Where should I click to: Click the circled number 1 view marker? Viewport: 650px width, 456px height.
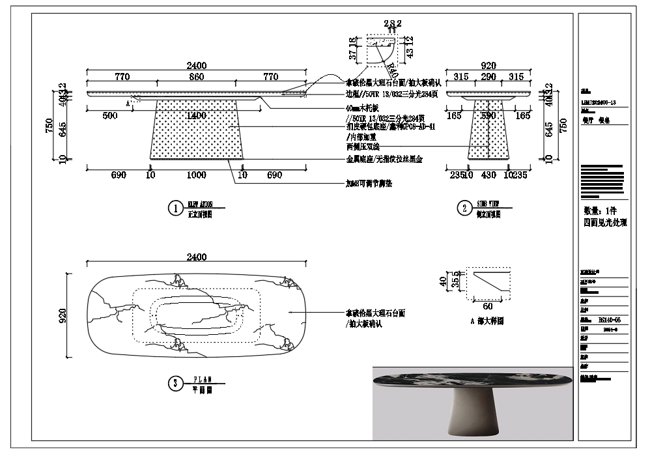point(175,208)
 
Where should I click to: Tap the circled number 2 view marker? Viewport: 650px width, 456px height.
point(464,208)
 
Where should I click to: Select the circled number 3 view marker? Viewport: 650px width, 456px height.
point(175,384)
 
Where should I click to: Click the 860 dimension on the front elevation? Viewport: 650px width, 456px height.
point(196,77)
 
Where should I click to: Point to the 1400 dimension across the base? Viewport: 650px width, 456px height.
point(196,115)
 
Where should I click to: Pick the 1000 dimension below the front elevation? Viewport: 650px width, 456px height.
point(196,176)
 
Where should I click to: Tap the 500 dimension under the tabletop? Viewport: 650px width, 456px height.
point(110,115)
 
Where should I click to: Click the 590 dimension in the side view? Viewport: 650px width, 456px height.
point(488,115)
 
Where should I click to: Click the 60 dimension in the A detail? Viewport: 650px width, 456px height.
point(488,306)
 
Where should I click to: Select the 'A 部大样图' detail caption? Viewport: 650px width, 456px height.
point(487,321)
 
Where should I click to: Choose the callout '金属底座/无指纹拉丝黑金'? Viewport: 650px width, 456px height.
point(384,159)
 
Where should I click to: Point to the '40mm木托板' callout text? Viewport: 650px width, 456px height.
point(364,108)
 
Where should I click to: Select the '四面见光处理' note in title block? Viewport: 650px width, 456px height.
point(605,222)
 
